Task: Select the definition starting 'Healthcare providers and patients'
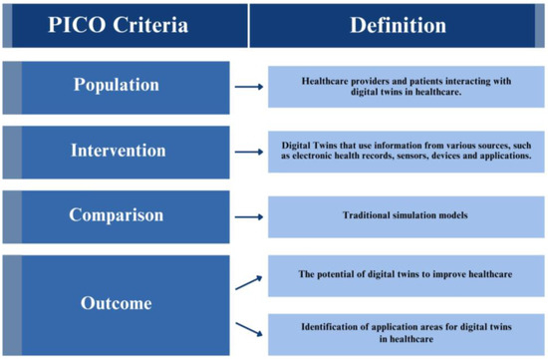coord(406,87)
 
